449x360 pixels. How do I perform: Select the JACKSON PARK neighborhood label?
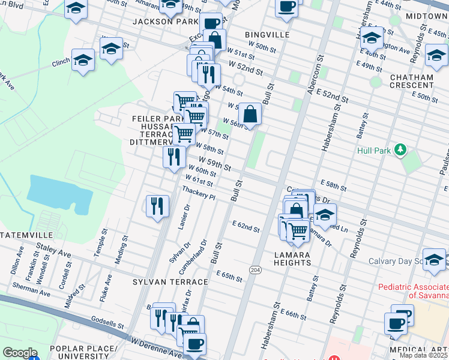click(x=165, y=22)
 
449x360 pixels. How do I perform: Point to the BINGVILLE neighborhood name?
click(x=267, y=35)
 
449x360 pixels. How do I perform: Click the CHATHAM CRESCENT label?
click(x=411, y=82)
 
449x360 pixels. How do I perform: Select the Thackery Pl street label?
click(x=199, y=193)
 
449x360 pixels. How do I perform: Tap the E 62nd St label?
click(x=246, y=226)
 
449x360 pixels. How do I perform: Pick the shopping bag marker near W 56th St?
click(x=250, y=113)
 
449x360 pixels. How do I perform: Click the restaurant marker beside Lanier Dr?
click(x=157, y=205)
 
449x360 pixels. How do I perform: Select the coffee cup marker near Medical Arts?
click(x=395, y=323)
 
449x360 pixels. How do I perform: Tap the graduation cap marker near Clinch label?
click(x=83, y=59)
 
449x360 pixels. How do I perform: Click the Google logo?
click(x=20, y=353)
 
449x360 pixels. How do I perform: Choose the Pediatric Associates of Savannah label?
click(x=414, y=290)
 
